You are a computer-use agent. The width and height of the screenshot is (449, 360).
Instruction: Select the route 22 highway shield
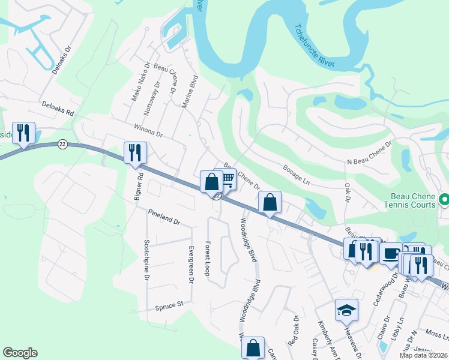[x=62, y=145]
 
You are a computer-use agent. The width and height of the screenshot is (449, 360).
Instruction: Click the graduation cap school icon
[x=346, y=310]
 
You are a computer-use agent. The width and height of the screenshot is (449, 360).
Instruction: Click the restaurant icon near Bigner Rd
[x=135, y=152]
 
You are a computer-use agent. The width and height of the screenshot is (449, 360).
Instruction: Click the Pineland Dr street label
[x=164, y=217]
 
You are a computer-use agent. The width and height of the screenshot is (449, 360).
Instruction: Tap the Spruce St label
[x=169, y=306]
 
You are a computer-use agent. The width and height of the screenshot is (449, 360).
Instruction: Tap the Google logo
[x=20, y=352]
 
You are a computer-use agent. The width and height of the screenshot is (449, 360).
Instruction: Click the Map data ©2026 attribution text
[x=423, y=355]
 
